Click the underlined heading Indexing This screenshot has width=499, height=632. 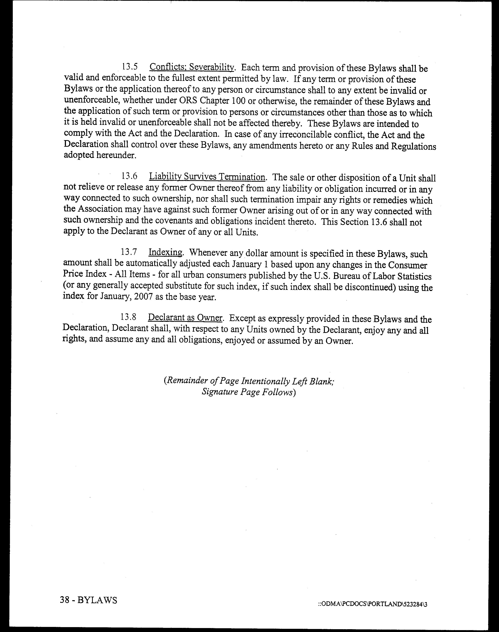coord(165,252)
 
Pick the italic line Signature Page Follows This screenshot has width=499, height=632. coord(249,392)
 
